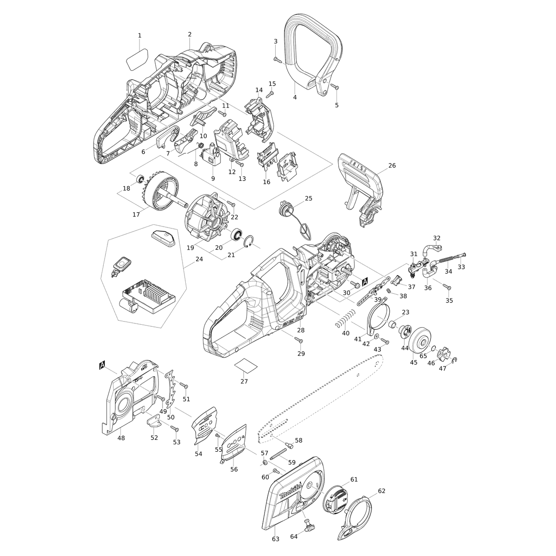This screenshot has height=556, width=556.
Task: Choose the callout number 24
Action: [x=199, y=259]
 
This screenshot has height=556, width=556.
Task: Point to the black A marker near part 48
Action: [x=102, y=365]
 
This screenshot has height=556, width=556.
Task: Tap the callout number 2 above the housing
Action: [x=190, y=34]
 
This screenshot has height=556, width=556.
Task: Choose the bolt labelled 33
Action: [x=460, y=256]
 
